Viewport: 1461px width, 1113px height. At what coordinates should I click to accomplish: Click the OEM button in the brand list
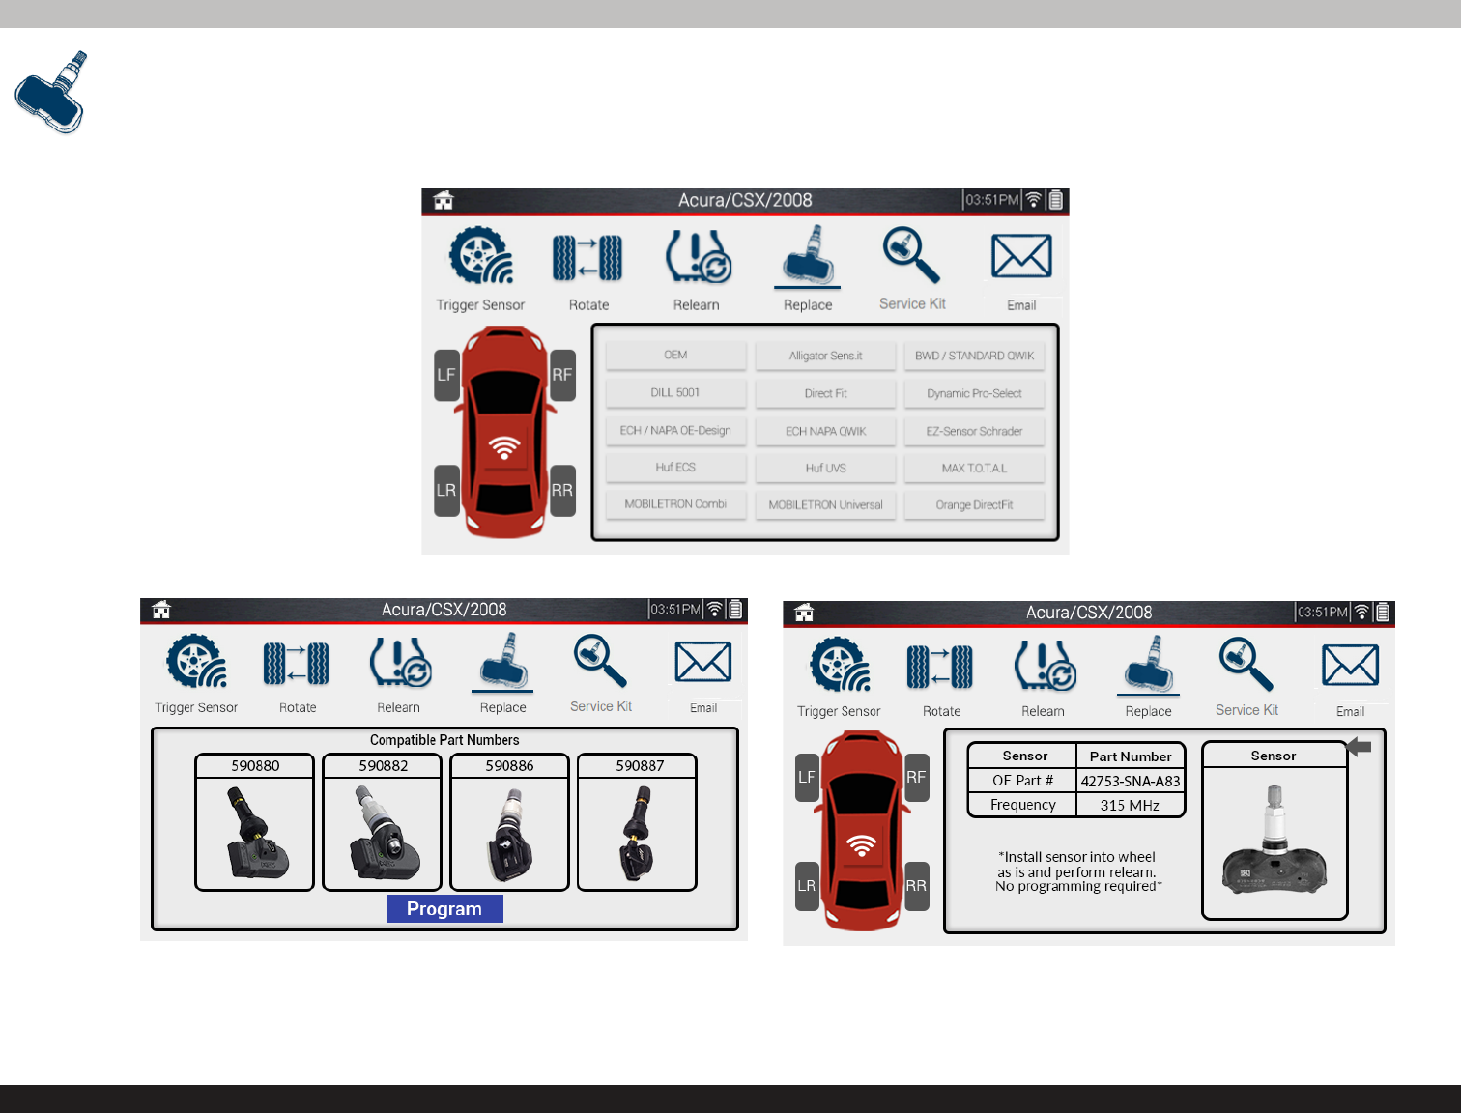pyautogui.click(x=675, y=356)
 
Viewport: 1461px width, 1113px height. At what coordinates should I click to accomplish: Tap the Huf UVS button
pyautogui.click(x=825, y=469)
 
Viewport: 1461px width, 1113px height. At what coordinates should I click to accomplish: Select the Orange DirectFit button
pyautogui.click(x=974, y=505)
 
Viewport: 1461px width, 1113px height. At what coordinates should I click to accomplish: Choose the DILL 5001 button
pyautogui.click(x=675, y=392)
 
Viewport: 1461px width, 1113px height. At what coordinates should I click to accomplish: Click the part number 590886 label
pyautogui.click(x=509, y=766)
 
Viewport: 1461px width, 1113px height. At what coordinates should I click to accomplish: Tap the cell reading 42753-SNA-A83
pyautogui.click(x=1131, y=781)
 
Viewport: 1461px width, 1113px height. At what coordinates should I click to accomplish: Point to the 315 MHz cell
pyautogui.click(x=1130, y=805)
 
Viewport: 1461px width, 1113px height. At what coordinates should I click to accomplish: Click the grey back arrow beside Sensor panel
pyautogui.click(x=1360, y=747)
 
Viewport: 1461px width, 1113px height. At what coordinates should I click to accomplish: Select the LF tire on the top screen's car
pyautogui.click(x=446, y=375)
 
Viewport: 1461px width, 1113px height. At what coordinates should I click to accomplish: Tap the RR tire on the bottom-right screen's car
pyautogui.click(x=917, y=886)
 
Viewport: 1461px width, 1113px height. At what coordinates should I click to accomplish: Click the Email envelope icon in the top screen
pyautogui.click(x=1021, y=256)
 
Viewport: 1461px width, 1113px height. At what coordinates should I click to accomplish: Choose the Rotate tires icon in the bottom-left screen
pyautogui.click(x=297, y=664)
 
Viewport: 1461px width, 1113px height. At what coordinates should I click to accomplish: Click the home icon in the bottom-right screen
pyautogui.click(x=804, y=612)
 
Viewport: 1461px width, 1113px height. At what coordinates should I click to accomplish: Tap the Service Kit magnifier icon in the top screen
pyautogui.click(x=910, y=255)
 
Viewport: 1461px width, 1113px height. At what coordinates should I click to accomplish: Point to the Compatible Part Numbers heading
pyautogui.click(x=444, y=740)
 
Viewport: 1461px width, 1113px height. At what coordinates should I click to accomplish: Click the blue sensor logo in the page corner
pyautogui.click(x=52, y=93)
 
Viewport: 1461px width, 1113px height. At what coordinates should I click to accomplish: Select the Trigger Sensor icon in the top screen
pyautogui.click(x=480, y=255)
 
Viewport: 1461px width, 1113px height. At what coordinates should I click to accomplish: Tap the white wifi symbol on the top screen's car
pyautogui.click(x=503, y=447)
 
